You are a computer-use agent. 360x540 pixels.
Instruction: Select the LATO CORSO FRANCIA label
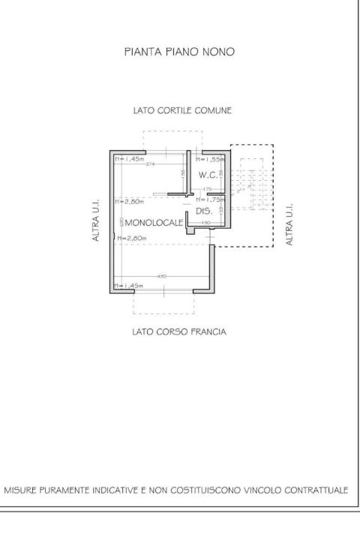click(x=178, y=331)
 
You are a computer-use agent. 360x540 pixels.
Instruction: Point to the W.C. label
click(x=208, y=175)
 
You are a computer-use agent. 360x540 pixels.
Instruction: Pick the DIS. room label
click(x=205, y=212)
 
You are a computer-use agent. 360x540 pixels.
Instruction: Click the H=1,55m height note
click(x=208, y=159)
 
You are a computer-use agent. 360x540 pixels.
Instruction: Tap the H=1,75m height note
click(x=208, y=200)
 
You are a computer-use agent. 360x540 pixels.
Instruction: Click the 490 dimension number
click(x=160, y=277)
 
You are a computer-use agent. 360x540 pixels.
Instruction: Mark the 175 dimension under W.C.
click(x=208, y=188)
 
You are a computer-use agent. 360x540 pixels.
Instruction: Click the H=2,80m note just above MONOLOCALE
click(x=130, y=201)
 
